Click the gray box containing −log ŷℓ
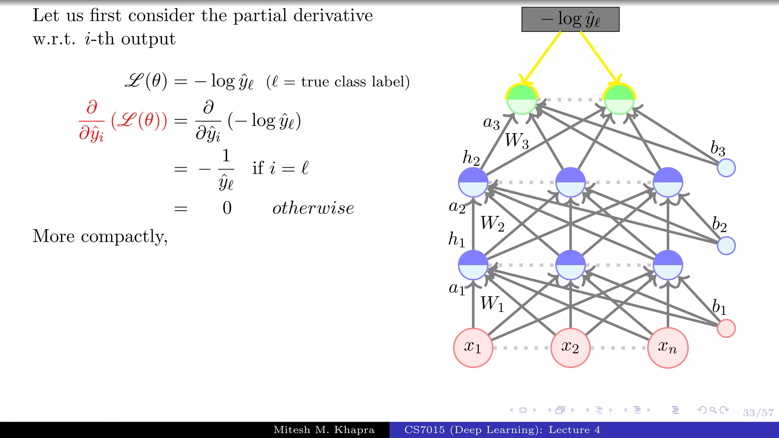pyautogui.click(x=570, y=19)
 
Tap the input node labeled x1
pyautogui.click(x=473, y=348)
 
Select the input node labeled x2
pyautogui.click(x=570, y=348)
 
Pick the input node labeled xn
pyautogui.click(x=668, y=348)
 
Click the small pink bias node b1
pyautogui.click(x=726, y=328)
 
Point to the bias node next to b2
pyautogui.click(x=726, y=246)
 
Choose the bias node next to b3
pyautogui.click(x=726, y=168)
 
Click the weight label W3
pyautogui.click(x=517, y=141)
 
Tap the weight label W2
pyautogui.click(x=492, y=224)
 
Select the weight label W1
pyautogui.click(x=492, y=304)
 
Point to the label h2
pyautogui.click(x=471, y=157)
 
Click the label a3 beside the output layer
pyautogui.click(x=491, y=123)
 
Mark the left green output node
pyautogui.click(x=521, y=100)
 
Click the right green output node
pyautogui.click(x=619, y=100)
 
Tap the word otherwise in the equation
pyautogui.click(x=313, y=208)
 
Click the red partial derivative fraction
pyautogui.click(x=91, y=121)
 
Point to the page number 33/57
pyautogui.click(x=758, y=413)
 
